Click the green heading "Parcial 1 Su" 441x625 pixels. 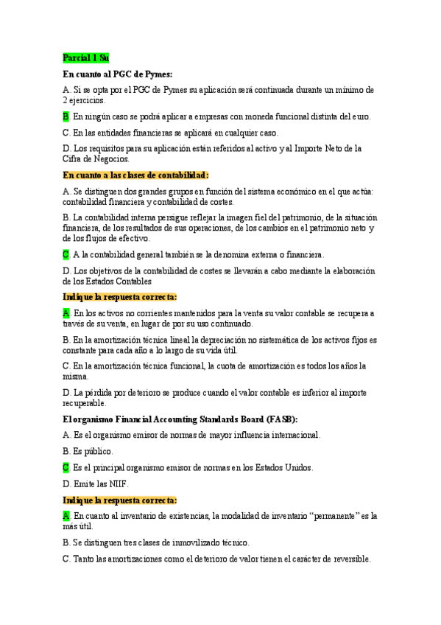pyautogui.click(x=85, y=57)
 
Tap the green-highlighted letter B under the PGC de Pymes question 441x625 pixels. pyautogui.click(x=66, y=116)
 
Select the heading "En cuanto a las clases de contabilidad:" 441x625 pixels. pyautogui.click(x=136, y=175)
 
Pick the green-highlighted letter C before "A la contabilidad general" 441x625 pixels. pyautogui.click(x=66, y=254)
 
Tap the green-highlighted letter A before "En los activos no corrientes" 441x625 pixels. pyautogui.click(x=66, y=313)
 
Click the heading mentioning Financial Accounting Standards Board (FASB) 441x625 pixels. pyautogui.click(x=180, y=419)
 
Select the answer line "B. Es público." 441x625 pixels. pyautogui.click(x=88, y=451)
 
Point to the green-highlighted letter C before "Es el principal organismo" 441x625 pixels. pyautogui.click(x=66, y=467)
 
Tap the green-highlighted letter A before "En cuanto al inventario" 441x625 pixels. pyautogui.click(x=66, y=516)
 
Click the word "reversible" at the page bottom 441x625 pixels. pyautogui.click(x=347, y=559)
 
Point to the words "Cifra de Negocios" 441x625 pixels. pyautogui.click(x=97, y=158)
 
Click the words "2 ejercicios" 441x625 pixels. pyautogui.click(x=85, y=99)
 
